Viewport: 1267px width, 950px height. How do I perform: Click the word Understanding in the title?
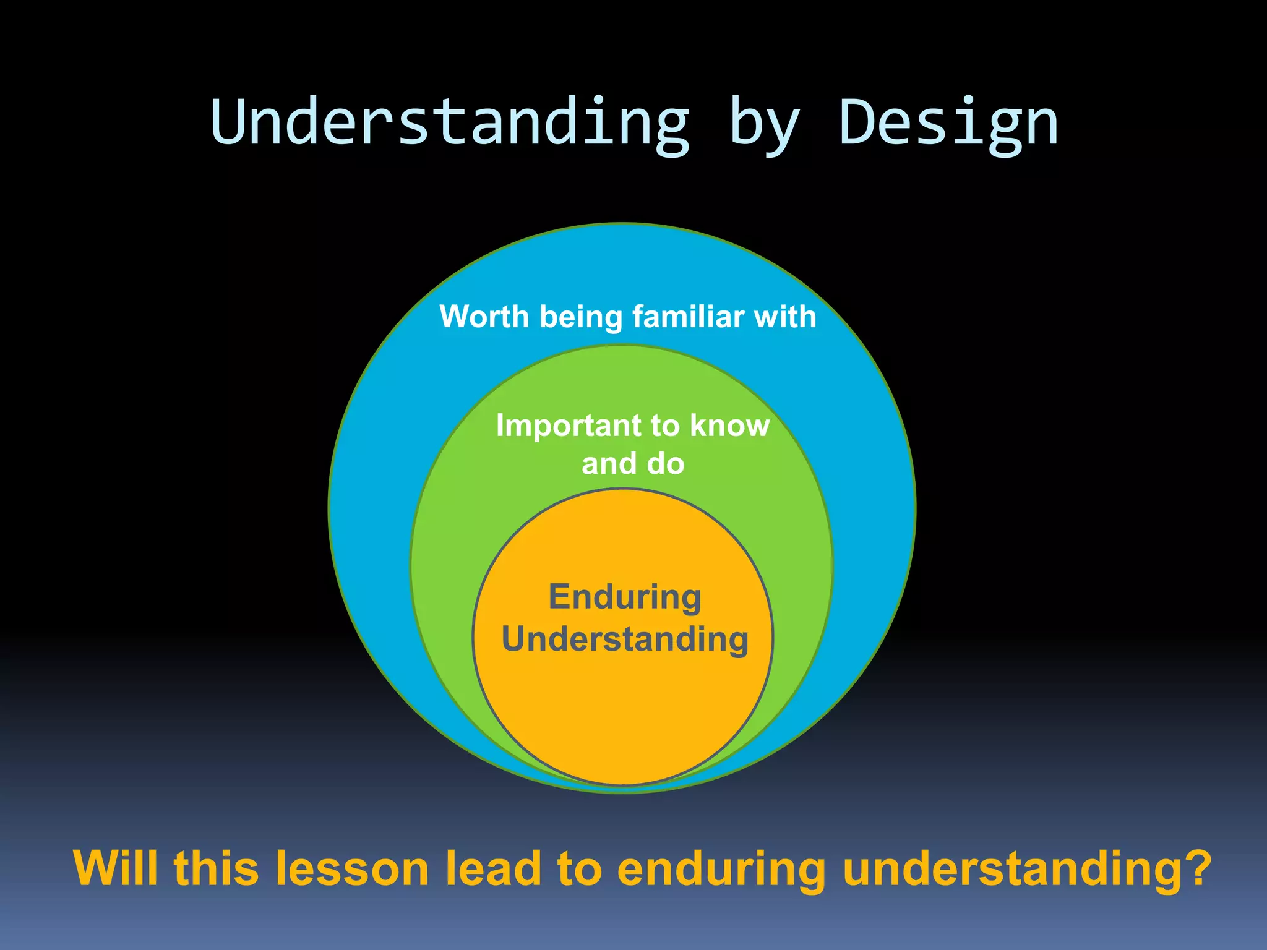[450, 124]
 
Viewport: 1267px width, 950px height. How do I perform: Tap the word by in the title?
[765, 127]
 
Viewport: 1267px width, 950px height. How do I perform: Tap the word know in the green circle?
[730, 426]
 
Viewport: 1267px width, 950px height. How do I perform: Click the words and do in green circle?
[633, 464]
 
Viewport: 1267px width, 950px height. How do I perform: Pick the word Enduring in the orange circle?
[625, 598]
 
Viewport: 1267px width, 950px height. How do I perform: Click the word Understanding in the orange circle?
[625, 640]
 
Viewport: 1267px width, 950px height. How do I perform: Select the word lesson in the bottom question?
[352, 868]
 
